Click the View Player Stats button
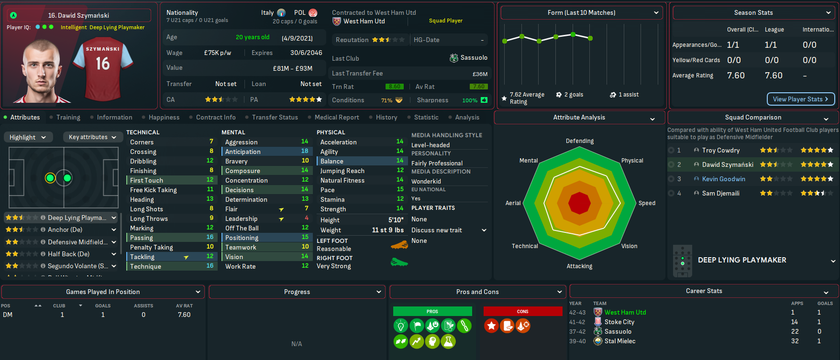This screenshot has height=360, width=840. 801,99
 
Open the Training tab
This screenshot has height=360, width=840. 68,117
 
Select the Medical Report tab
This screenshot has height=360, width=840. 336,117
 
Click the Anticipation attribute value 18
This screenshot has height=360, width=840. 305,151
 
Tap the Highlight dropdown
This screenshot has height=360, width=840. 28,137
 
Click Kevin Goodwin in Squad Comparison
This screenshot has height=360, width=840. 723,179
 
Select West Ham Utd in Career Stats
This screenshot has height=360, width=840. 625,312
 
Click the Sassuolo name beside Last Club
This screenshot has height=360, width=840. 474,58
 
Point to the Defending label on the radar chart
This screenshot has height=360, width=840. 579,141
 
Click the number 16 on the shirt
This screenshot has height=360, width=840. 103,64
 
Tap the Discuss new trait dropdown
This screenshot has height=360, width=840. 449,230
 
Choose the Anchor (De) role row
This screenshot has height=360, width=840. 65,229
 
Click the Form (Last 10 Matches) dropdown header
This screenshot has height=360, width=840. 581,13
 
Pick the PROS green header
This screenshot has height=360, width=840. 432,311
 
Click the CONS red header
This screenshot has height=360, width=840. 522,311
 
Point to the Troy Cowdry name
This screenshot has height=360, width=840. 720,150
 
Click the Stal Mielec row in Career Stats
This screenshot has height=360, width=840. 619,341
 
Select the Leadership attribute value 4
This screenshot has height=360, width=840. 307,218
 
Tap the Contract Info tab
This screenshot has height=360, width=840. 215,117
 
